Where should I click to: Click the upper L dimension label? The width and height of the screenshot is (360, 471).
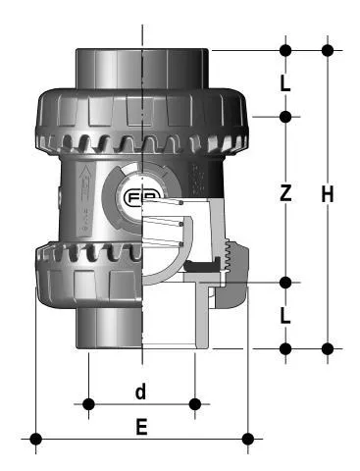285,84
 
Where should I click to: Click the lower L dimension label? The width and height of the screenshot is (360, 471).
285,316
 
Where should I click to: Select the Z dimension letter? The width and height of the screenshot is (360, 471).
285,193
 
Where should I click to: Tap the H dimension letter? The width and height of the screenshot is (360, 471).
328,194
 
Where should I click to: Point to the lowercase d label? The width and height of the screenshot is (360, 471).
141,392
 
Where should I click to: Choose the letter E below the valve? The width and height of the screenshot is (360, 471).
141,427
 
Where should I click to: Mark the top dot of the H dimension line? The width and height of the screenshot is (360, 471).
328,50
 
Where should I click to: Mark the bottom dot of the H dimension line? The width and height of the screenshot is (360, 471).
328,348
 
